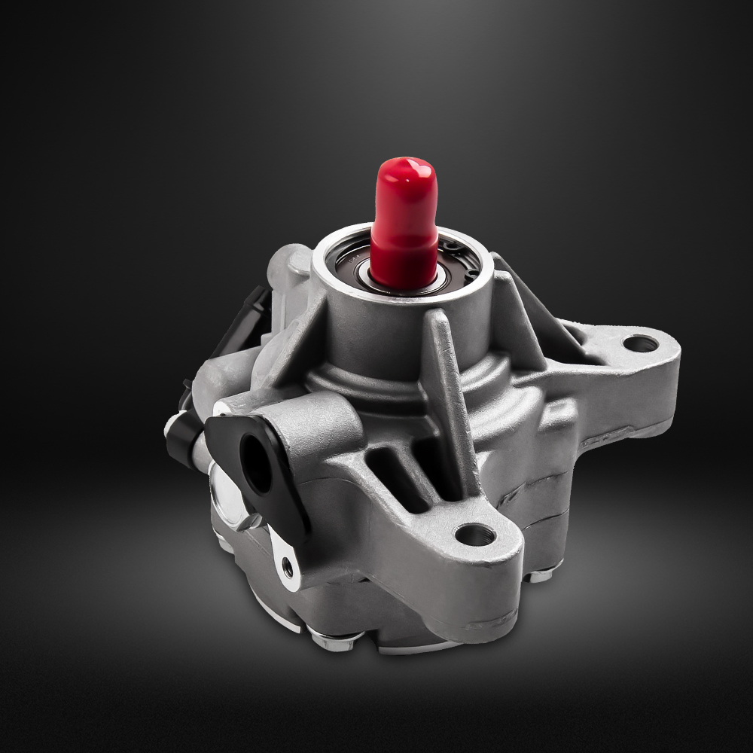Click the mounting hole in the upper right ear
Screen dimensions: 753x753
pyautogui.click(x=641, y=344)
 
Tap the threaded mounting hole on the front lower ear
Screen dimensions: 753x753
pyautogui.click(x=475, y=535)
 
